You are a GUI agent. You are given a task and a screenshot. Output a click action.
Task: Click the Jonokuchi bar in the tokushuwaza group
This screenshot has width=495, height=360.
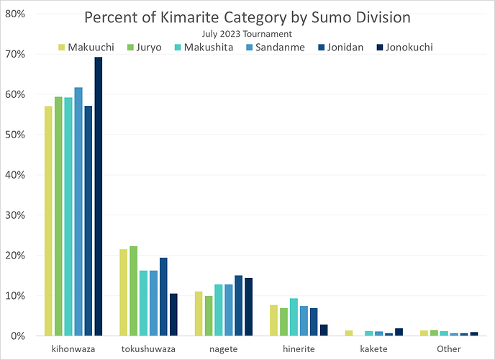coord(173,315)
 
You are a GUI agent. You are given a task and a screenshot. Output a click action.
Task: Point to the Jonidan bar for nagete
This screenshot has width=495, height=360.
coord(238,305)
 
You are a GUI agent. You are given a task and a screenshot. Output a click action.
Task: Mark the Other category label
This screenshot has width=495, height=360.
coord(448,349)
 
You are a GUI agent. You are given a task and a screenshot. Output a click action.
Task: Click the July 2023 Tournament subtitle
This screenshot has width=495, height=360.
coord(247,33)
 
